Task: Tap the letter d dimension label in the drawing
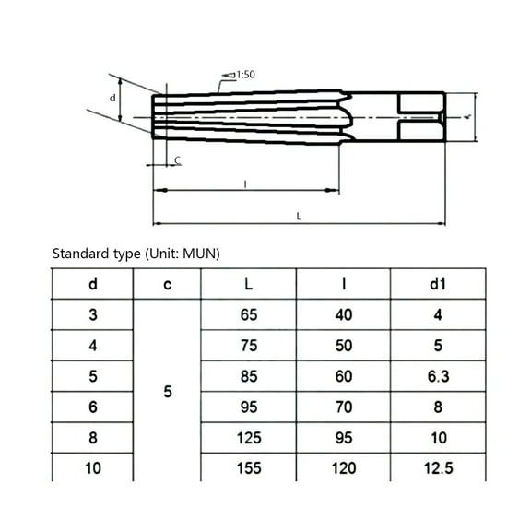pos(113,97)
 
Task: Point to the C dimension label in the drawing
pos(177,160)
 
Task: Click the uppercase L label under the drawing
pos(301,215)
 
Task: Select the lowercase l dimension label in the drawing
pos(245,183)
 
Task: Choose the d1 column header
pos(438,284)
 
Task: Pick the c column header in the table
pos(168,284)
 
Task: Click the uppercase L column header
pos(249,284)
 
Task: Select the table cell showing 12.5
pos(438,467)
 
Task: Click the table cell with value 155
pos(249,467)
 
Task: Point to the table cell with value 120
pos(343,467)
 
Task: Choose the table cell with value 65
pos(249,314)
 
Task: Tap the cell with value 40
pos(343,314)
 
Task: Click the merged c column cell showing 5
pos(168,391)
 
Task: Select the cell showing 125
pos(249,437)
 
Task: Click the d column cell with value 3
pos(92,314)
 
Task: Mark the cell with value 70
pos(343,407)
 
